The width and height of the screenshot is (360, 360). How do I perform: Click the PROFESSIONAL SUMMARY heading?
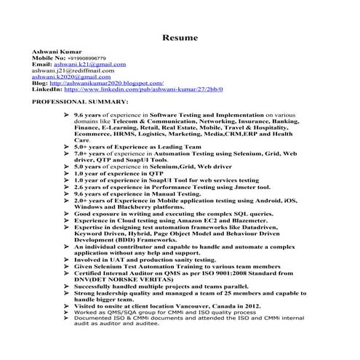click(80, 102)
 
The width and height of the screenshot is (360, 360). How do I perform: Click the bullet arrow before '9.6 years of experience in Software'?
click(67, 116)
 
